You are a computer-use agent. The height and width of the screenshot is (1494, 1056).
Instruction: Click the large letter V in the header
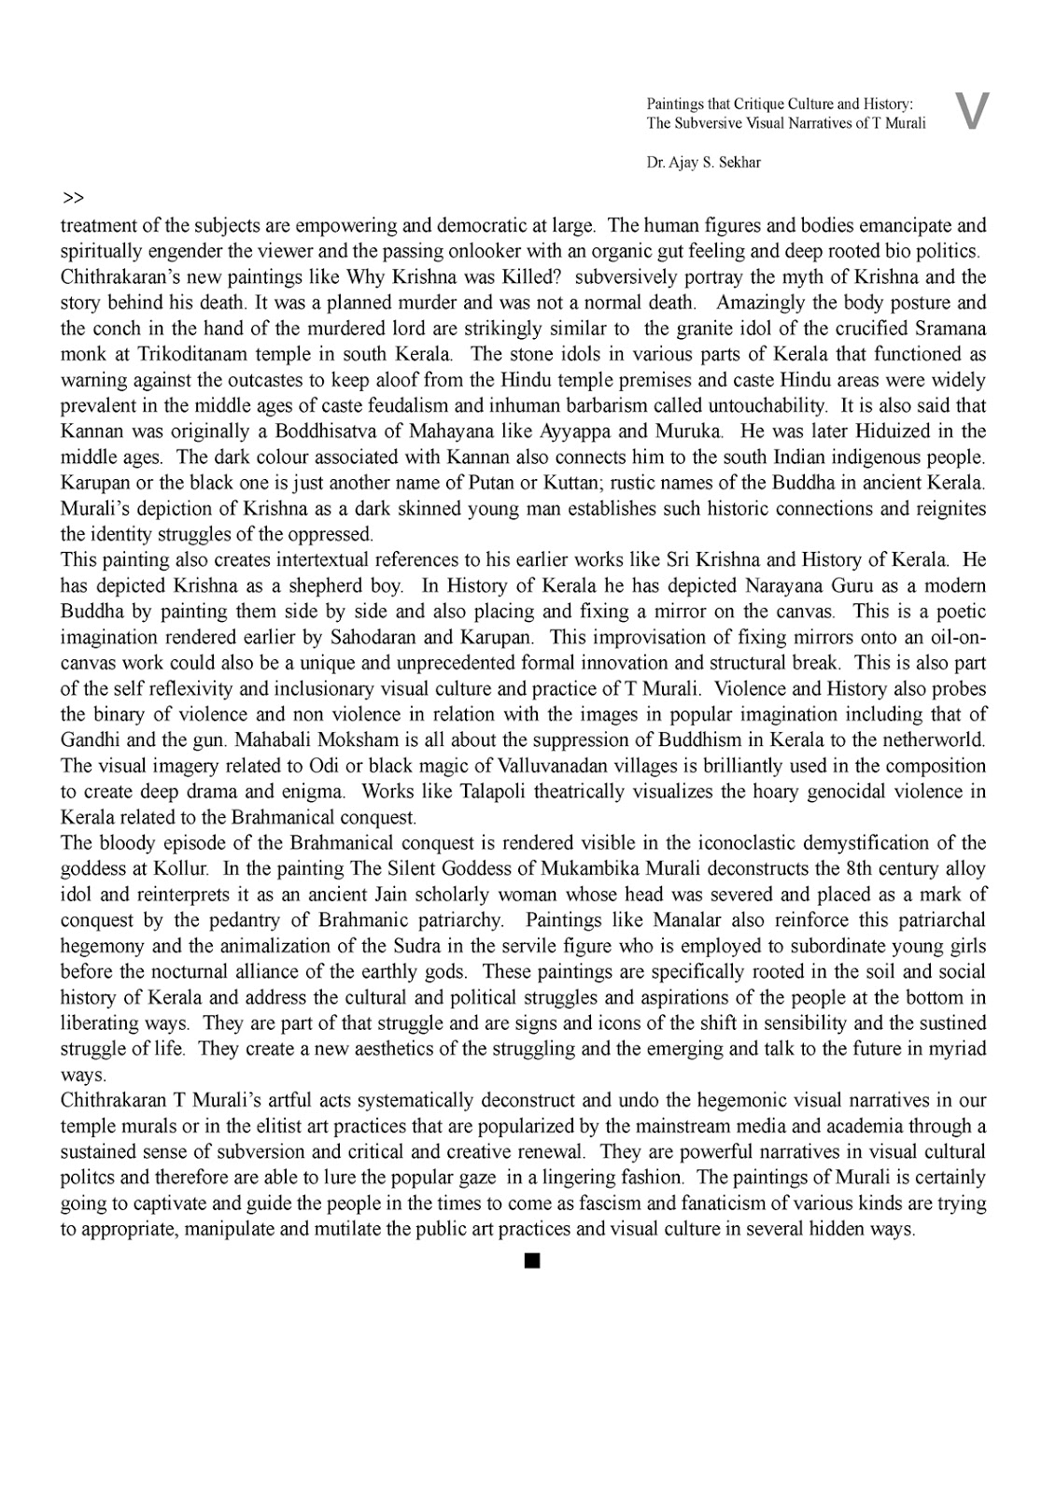pos(972,111)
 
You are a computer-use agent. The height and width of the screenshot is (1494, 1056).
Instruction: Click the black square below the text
pos(532,1262)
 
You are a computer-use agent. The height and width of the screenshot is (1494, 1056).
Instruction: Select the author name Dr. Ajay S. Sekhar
pos(703,162)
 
